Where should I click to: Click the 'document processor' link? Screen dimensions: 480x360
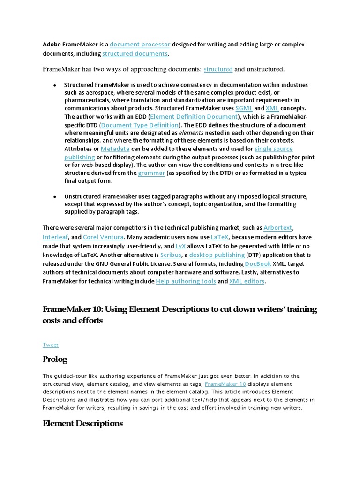coord(140,45)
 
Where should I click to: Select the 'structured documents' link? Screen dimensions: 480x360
coord(135,53)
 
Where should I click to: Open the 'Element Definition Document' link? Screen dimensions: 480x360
coord(194,117)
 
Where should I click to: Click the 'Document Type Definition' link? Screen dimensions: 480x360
coord(140,125)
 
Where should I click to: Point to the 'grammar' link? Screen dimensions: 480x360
coord(151,172)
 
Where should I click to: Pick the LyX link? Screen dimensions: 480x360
coord(180,246)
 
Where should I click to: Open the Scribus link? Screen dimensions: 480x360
coord(171,255)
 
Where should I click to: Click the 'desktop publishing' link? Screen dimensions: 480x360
coord(217,255)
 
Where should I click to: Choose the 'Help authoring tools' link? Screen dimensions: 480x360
coord(186,281)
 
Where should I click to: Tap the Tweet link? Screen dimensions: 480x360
coord(51,345)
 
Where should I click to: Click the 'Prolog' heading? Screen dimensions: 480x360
coord(55,360)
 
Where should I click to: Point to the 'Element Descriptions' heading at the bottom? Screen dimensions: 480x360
coord(82,423)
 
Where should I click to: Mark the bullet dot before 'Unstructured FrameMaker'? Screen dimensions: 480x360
coord(55,197)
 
